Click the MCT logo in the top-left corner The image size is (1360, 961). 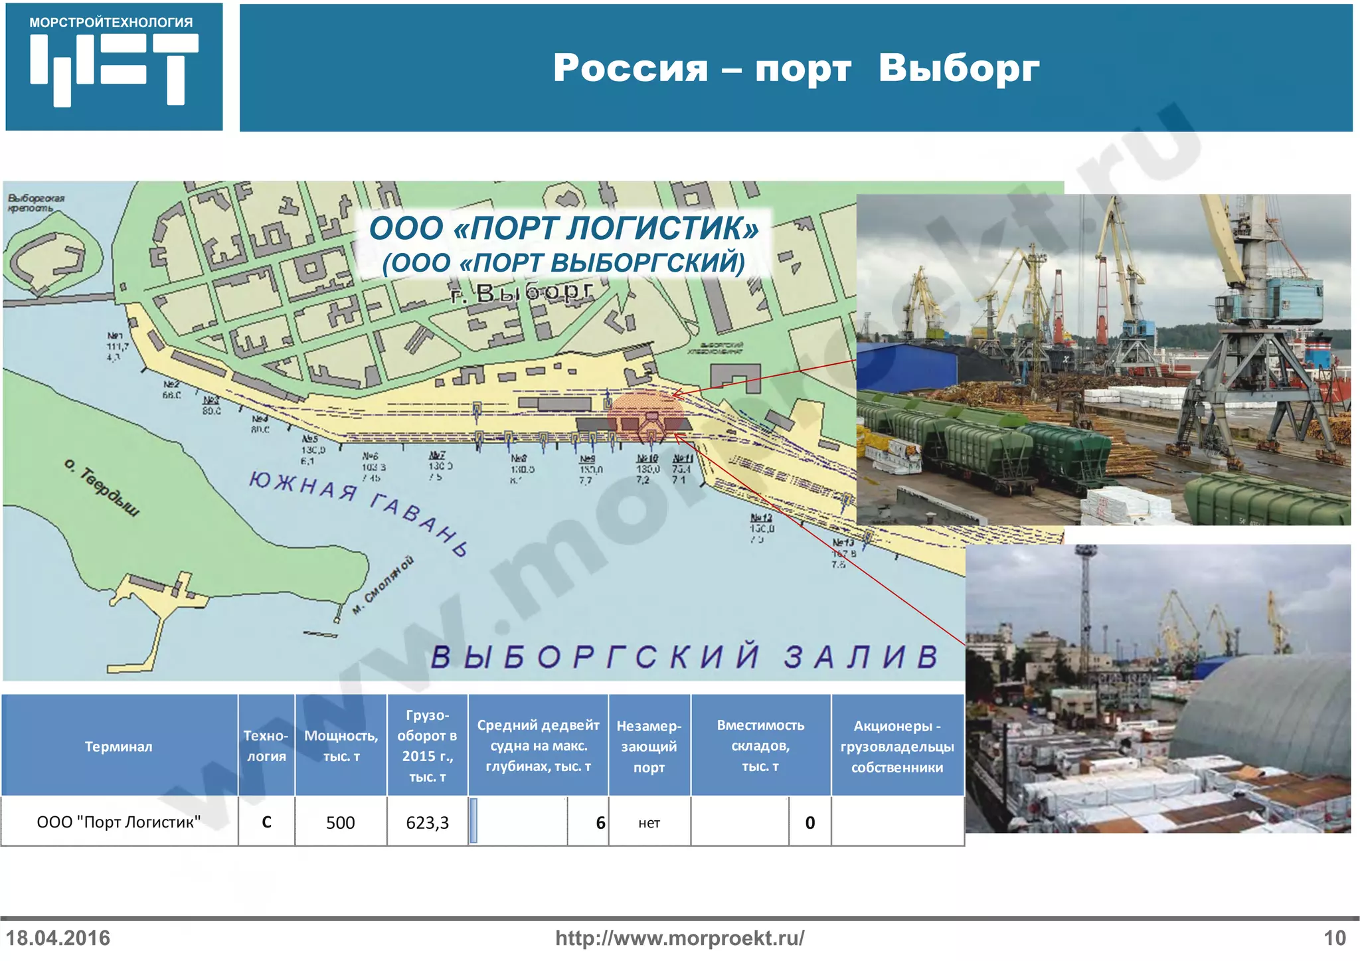114,66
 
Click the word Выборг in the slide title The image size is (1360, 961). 958,68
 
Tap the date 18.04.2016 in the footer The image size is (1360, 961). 58,938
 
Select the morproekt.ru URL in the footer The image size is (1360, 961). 679,938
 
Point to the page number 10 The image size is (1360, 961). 1334,938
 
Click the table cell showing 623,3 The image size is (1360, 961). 427,822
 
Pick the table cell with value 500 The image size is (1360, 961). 340,822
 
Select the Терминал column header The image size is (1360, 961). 118,746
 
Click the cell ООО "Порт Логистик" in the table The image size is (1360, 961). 118,822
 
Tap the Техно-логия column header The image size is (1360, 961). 266,746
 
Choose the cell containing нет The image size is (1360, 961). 649,823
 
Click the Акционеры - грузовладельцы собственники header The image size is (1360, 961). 896,746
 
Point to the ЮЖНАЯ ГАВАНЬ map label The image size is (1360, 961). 359,510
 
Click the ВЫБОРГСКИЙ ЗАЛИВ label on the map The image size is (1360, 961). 684,656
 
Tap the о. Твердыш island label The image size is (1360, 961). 102,487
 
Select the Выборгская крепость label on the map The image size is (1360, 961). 36,203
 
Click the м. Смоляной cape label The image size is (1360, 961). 383,584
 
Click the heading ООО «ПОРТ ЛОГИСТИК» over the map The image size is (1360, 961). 564,228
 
